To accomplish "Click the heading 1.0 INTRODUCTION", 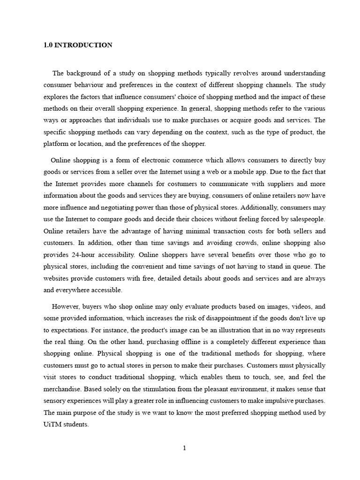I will point(78,45).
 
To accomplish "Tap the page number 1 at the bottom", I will point(184,448).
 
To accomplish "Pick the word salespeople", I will point(306,219).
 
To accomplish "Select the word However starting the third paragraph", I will point(65,307).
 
